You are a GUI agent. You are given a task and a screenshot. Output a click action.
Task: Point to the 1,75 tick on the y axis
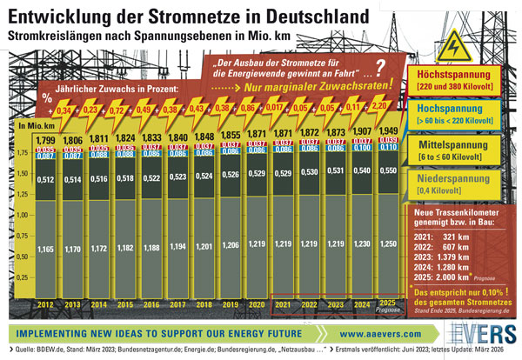pos(23,153)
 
